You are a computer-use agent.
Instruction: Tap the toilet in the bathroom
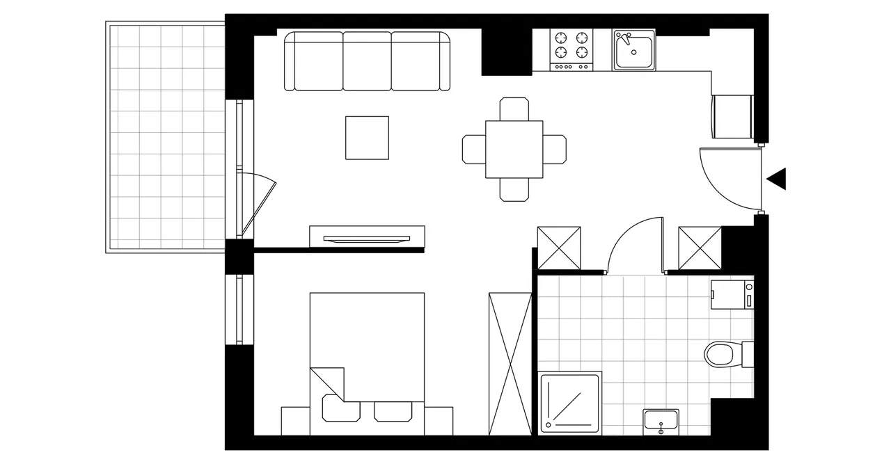pyautogui.click(x=720, y=353)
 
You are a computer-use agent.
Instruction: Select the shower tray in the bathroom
pyautogui.click(x=571, y=401)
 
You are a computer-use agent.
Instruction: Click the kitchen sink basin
pyautogui.click(x=633, y=49)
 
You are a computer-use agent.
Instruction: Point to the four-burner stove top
pyautogui.click(x=571, y=45)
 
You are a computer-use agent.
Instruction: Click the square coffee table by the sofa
pyautogui.click(x=367, y=138)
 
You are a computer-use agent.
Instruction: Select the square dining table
pyautogui.click(x=514, y=149)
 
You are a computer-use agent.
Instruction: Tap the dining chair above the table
pyautogui.click(x=514, y=109)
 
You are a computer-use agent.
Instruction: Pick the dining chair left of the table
pyautogui.click(x=473, y=149)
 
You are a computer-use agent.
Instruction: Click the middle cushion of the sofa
pyautogui.click(x=367, y=61)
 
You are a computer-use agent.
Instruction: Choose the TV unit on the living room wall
pyautogui.click(x=367, y=236)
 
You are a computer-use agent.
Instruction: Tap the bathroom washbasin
pyautogui.click(x=661, y=420)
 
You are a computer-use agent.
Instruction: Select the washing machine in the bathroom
pyautogui.click(x=732, y=294)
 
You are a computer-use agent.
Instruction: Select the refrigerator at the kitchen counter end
pyautogui.click(x=733, y=117)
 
